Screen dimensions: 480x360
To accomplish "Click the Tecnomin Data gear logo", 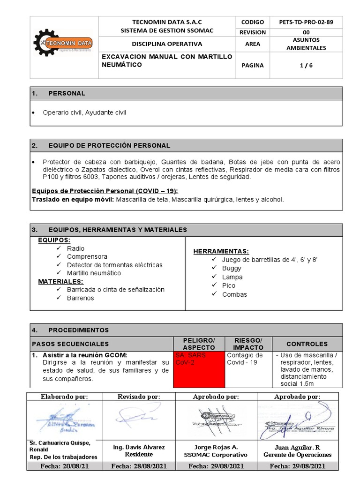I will tap(64, 43).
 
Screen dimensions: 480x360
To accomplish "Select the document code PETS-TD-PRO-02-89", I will tap(307, 22).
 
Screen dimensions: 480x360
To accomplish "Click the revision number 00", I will tap(307, 32).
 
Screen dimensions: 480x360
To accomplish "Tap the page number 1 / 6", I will tap(307, 66).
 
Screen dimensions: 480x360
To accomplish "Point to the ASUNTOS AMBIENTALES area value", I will tap(307, 44).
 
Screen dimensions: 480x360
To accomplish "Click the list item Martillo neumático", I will tap(94, 273).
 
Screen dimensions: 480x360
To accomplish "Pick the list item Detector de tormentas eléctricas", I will tap(114, 265).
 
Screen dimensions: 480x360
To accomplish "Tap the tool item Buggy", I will tap(232, 268).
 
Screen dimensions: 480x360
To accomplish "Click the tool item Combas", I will tap(234, 294).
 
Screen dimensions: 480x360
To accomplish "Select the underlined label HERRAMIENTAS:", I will tap(221, 251).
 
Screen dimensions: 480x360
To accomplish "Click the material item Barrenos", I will tap(80, 298).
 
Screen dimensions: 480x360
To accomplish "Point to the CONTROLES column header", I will tap(307, 344).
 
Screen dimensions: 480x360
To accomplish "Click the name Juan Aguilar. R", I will tap(297, 447).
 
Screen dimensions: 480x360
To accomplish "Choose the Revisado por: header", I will tap(138, 397).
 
